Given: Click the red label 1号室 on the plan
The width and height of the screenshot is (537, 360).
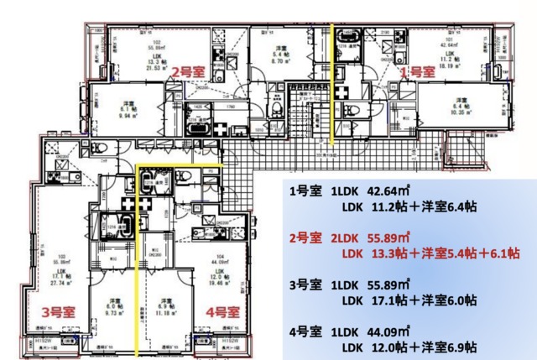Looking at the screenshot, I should tap(415, 73).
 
